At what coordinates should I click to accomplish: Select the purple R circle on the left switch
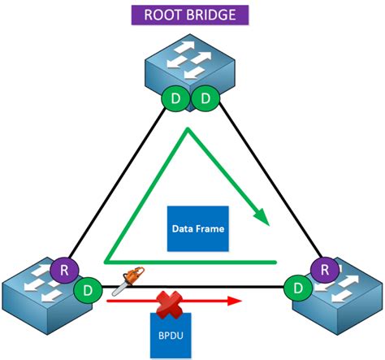click(62, 269)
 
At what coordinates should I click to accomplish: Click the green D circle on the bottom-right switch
click(299, 287)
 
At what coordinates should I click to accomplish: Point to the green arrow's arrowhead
click(262, 215)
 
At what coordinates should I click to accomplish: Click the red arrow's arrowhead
click(236, 301)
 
